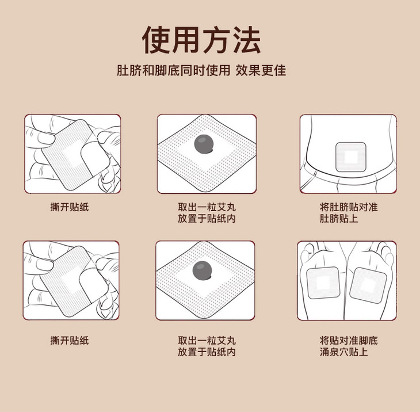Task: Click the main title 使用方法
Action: point(201,40)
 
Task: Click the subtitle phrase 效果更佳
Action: point(261,70)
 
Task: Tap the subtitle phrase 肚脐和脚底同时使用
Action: point(174,70)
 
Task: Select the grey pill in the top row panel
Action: point(204,144)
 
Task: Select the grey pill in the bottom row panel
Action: point(202,270)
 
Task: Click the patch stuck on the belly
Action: point(351,157)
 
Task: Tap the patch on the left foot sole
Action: point(323,283)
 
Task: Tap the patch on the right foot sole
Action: point(368,285)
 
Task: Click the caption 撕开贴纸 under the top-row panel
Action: point(70,207)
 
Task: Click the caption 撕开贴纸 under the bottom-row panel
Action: point(70,341)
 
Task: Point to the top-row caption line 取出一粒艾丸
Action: point(207,207)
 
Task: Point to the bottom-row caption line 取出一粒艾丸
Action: point(207,341)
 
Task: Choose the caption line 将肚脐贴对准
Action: point(349,207)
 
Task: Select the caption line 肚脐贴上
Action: point(339,218)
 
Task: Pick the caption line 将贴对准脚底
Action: point(349,341)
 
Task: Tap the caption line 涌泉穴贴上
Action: point(343,352)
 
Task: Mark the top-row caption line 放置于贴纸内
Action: point(207,218)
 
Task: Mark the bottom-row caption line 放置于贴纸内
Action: point(207,352)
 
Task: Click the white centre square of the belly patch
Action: point(351,157)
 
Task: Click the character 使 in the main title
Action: point(156,40)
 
